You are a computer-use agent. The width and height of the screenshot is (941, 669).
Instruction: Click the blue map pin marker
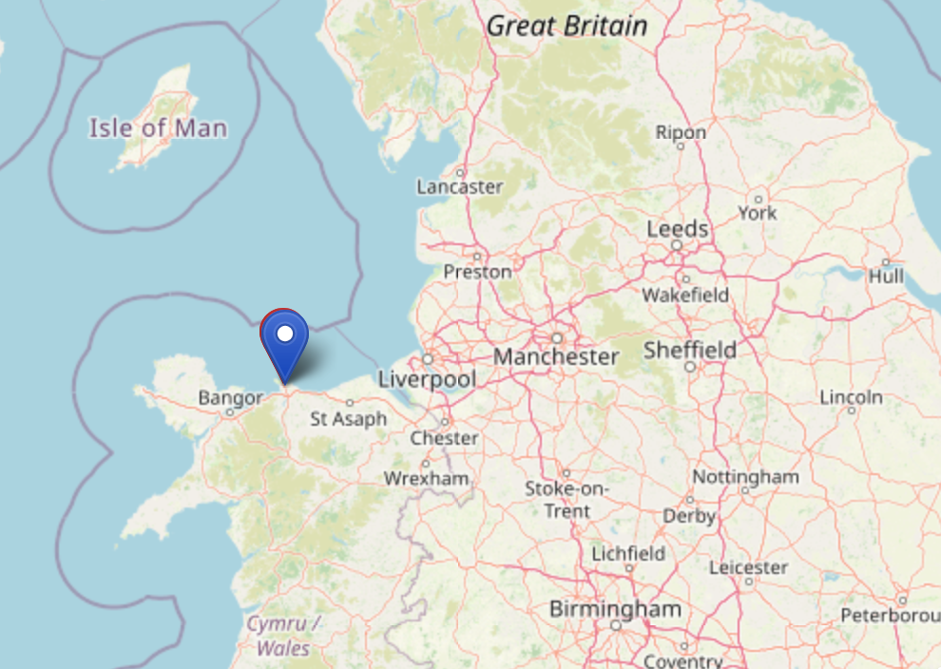click(284, 343)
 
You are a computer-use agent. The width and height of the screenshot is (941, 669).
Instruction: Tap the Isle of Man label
click(159, 127)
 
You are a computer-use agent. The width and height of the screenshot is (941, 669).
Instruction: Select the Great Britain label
click(567, 26)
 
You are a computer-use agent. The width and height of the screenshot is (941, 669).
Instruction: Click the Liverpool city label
click(426, 379)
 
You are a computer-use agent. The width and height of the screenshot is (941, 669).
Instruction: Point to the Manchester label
click(556, 357)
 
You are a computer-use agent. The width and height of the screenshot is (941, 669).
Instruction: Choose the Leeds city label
click(677, 229)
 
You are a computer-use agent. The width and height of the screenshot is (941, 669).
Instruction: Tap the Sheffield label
click(690, 350)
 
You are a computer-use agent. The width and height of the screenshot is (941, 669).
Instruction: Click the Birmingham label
click(615, 608)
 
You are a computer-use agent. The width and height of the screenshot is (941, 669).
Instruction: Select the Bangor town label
click(230, 398)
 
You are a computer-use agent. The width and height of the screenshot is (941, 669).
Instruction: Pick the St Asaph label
click(349, 418)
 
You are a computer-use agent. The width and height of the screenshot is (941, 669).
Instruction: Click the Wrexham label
click(426, 478)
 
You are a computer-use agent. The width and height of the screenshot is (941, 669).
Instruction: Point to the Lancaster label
click(460, 187)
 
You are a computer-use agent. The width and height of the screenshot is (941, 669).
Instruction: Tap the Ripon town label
click(681, 133)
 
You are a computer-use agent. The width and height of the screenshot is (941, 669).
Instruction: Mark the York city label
click(758, 213)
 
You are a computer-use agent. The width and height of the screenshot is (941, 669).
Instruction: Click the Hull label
click(886, 277)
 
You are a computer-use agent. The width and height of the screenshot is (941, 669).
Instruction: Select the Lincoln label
click(851, 396)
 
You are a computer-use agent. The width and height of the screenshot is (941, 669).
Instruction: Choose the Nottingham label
click(745, 476)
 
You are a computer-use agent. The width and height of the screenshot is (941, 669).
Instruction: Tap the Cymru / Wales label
click(283, 636)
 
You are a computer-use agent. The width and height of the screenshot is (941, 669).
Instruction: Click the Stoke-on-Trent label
click(567, 500)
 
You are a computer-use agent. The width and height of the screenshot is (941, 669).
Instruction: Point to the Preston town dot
click(477, 255)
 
